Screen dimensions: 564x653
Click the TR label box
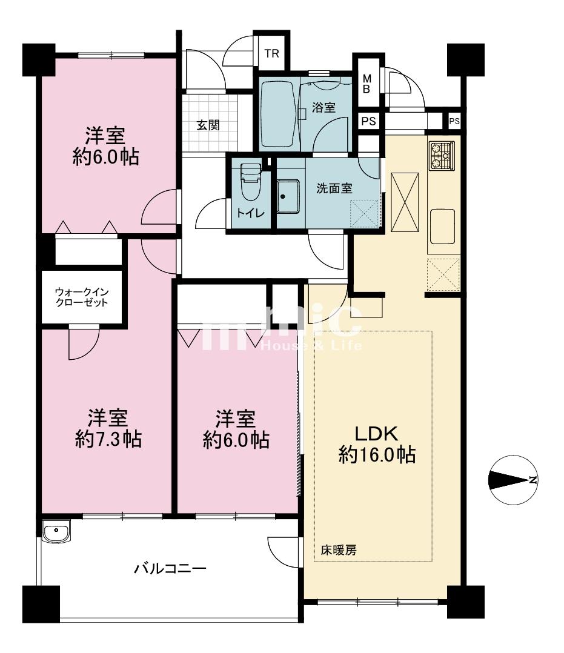point(271,53)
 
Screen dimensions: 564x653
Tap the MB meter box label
point(367,84)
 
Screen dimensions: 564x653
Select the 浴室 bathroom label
point(323,107)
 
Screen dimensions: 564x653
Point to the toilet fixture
point(251,182)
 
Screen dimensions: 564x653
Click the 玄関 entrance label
point(208,125)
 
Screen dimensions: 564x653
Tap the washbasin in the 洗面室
point(287,196)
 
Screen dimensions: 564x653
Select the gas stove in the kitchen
point(442,155)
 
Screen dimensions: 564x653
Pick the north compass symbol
point(513,480)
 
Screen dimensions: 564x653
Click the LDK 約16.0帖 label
point(377,444)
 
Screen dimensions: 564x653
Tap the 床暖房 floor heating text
point(338,550)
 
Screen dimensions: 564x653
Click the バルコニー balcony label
point(170,568)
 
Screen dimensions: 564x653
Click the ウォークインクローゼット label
point(82,297)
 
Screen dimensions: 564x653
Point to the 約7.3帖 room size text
point(108,439)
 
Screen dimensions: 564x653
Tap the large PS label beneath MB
point(369,121)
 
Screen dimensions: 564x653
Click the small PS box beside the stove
point(454,121)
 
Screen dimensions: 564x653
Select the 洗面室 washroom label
point(334,188)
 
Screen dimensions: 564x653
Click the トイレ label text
point(250,213)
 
